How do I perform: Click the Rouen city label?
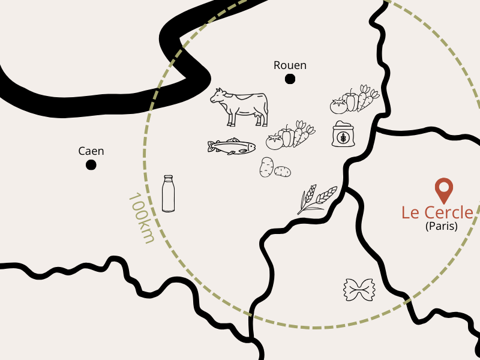point(290,65)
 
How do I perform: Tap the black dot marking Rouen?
point(290,79)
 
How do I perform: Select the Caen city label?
point(91,151)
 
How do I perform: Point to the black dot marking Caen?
point(91,164)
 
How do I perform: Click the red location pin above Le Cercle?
point(443,190)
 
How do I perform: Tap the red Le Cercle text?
point(437,212)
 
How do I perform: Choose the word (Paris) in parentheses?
point(441,227)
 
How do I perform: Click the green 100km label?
point(142,218)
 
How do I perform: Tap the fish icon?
point(231,146)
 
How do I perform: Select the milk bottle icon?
point(169,193)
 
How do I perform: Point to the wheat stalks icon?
point(316,199)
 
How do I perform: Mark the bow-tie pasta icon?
point(359,290)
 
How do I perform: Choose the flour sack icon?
point(343,134)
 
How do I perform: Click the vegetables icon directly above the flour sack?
point(355,100)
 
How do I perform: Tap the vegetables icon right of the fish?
point(290,136)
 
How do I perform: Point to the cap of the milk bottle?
point(169,178)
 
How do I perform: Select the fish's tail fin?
point(211,146)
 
